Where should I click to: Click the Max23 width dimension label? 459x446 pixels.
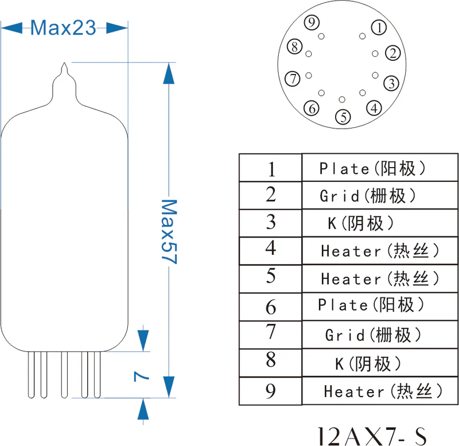(x=63, y=27)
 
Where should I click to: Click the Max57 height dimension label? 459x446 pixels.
(x=168, y=231)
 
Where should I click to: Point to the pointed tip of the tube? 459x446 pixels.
(x=65, y=65)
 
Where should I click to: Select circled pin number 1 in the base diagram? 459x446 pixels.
(x=379, y=26)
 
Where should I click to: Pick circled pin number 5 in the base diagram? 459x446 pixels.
(x=343, y=117)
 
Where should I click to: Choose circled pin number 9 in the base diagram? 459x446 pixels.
(x=312, y=23)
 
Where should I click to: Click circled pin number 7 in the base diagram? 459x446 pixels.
(x=293, y=79)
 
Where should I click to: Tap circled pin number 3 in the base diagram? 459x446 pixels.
(x=391, y=83)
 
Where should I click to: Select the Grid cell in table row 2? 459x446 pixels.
(x=368, y=196)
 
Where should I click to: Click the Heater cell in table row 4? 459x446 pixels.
(x=380, y=251)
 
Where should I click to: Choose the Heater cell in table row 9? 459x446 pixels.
(x=383, y=391)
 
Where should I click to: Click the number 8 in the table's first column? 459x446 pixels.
(x=271, y=360)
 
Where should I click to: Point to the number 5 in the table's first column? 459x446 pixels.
(x=271, y=277)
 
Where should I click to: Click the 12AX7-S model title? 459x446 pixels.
(x=373, y=434)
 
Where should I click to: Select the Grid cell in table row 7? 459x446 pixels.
(x=373, y=334)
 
